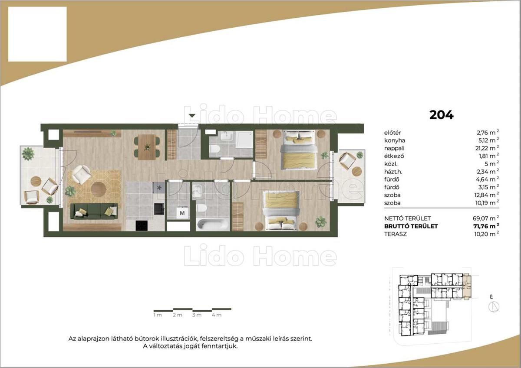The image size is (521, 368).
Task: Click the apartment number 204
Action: coord(441,115)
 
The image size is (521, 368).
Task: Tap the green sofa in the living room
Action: coord(94,211)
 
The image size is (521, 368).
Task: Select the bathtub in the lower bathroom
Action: coord(213,225)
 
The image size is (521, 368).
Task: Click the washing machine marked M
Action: coord(182,213)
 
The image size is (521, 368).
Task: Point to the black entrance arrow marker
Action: coord(192,116)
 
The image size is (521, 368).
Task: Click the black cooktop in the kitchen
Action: coord(142,225)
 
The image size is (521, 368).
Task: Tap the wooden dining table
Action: coord(147,147)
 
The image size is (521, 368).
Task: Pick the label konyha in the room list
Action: coord(395,140)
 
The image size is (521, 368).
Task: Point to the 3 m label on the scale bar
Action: coord(197,315)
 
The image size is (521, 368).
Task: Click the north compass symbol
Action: coord(494,307)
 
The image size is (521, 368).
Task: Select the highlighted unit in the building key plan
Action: coord(467,287)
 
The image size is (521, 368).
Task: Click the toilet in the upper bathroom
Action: coord(214,149)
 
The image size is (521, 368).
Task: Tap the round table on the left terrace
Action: coord(36,181)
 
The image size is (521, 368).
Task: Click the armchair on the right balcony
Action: coord(347,160)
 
